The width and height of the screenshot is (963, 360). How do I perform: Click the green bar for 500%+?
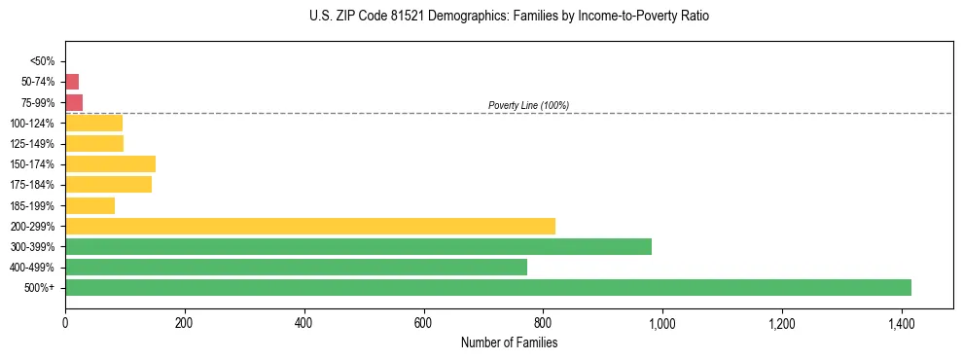click(x=488, y=287)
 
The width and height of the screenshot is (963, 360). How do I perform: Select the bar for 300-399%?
click(x=358, y=246)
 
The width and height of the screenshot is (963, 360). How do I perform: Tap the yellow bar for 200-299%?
click(x=310, y=226)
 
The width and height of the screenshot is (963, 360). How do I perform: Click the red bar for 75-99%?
click(x=74, y=102)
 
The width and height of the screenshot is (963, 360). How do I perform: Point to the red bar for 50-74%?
click(x=72, y=82)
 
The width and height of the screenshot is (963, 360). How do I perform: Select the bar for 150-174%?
click(x=110, y=163)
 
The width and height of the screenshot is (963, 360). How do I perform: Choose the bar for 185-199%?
click(x=89, y=205)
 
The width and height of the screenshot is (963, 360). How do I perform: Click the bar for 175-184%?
click(x=108, y=184)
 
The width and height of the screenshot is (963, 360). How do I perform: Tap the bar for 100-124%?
click(x=93, y=123)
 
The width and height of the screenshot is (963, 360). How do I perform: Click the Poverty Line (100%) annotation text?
click(x=528, y=105)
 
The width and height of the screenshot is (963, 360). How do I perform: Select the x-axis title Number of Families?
click(x=509, y=342)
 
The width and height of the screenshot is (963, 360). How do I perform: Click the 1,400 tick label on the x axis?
click(x=902, y=322)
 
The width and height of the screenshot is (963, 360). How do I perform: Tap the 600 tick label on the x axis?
click(x=423, y=322)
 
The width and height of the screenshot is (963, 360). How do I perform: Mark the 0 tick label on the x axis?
click(x=65, y=322)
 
